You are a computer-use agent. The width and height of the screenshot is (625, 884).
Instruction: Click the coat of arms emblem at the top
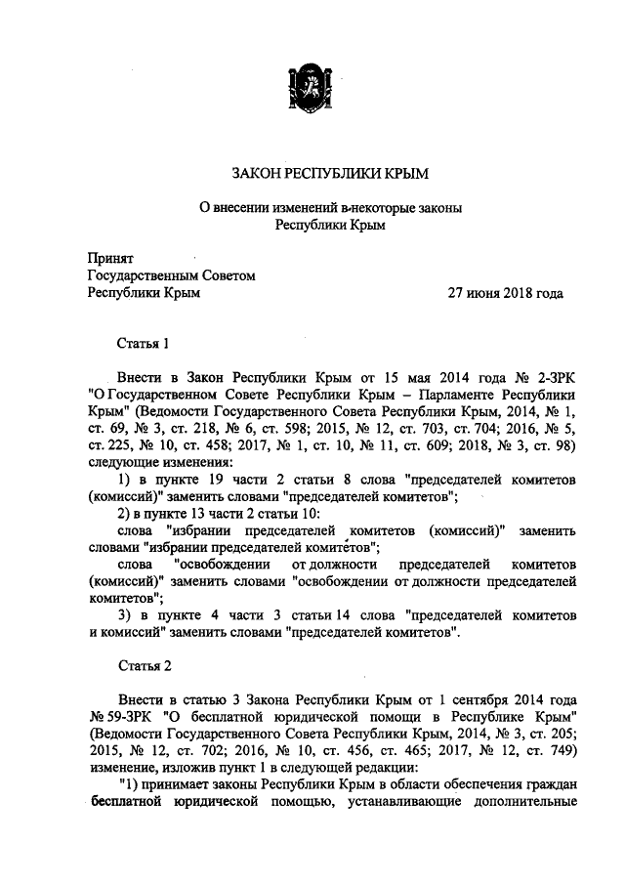[312, 82]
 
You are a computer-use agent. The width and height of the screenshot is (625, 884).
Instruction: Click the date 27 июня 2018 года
[505, 292]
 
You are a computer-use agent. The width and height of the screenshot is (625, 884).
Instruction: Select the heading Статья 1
[145, 343]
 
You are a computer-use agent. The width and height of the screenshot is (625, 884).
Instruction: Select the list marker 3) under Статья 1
[125, 614]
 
